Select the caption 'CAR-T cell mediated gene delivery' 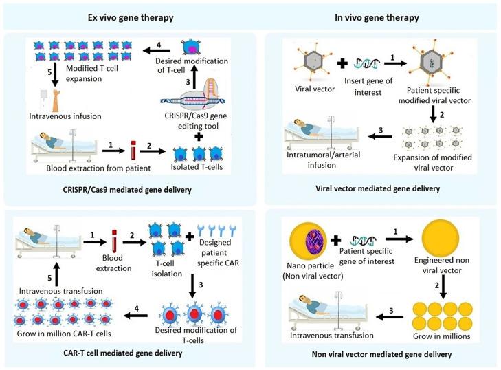(124, 353)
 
